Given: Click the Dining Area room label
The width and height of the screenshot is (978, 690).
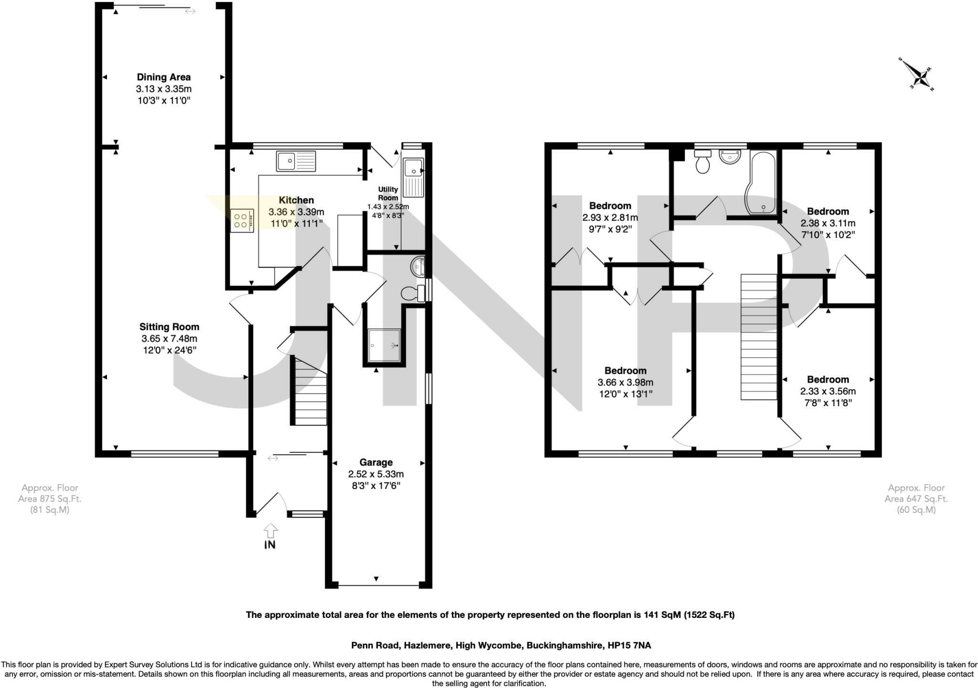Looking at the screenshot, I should coord(163,77).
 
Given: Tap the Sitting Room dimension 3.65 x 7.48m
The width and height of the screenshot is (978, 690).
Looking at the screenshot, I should coord(169,339).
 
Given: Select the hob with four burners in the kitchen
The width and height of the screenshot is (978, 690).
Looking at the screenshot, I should coord(241,221).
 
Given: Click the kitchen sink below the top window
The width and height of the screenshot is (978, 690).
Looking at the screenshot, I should coord(296,161).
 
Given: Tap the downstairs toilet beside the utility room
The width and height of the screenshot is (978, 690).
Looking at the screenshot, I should coord(411,293).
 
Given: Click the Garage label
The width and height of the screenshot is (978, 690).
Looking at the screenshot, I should coord(376,463).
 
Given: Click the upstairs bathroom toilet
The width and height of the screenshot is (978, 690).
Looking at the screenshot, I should coord(702,162).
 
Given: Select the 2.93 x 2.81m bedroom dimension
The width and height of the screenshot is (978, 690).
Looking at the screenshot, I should coord(610,217).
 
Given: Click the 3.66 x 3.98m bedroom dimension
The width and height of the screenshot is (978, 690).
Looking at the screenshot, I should coord(625,382).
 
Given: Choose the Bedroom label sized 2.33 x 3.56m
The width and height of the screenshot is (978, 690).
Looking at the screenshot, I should coord(828,379).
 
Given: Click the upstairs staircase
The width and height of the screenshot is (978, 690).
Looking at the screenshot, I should coord(759,337).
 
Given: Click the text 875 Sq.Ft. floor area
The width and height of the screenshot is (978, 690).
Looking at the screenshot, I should coord(50,499).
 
